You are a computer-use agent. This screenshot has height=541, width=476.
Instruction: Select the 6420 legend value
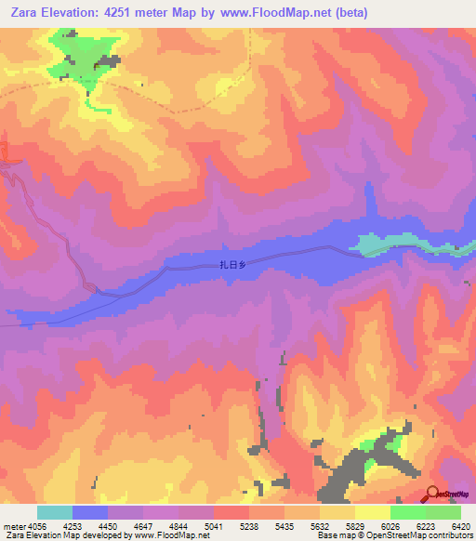pyautogui.click(x=461, y=525)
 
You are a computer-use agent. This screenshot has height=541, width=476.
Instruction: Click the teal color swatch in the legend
pyautogui.click(x=55, y=512)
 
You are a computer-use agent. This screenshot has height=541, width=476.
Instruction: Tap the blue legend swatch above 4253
pyautogui.click(x=90, y=512)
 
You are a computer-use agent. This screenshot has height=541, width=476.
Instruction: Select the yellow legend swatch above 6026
pyautogui.click(x=372, y=512)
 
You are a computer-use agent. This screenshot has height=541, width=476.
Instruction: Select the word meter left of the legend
pyautogui.click(x=13, y=525)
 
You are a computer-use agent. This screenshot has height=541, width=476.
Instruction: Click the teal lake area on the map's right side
pyautogui.click(x=381, y=244)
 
